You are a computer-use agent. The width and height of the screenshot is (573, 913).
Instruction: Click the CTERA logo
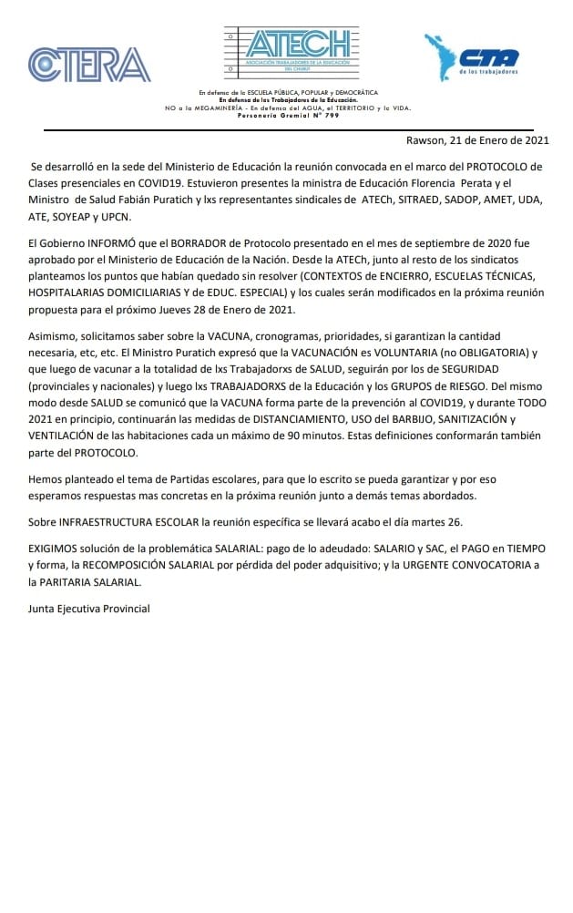[x=89, y=65]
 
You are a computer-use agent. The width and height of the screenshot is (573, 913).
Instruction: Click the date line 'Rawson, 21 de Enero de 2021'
[x=477, y=140]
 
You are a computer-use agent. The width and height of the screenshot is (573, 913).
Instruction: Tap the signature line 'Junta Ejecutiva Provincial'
[x=88, y=608]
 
